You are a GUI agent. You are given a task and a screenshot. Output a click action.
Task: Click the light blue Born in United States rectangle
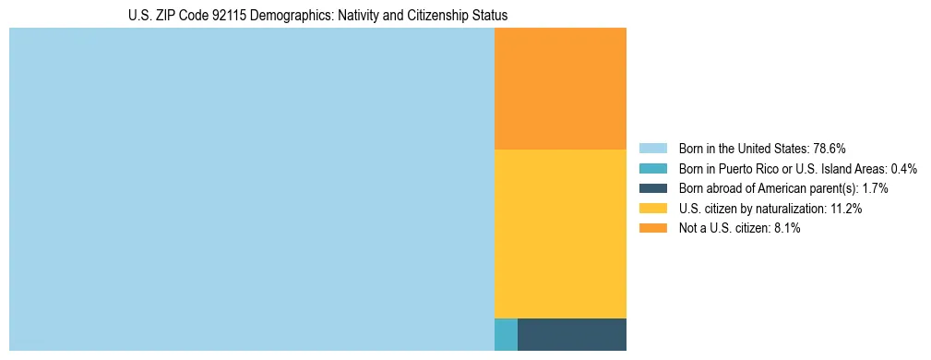click(x=251, y=189)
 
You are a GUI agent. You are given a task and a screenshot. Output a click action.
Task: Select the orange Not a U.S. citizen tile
click(x=560, y=89)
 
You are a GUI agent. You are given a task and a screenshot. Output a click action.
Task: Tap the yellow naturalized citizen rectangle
click(x=560, y=234)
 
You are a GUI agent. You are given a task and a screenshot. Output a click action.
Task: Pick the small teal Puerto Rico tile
click(x=506, y=334)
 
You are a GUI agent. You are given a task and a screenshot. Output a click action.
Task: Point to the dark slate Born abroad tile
click(x=572, y=334)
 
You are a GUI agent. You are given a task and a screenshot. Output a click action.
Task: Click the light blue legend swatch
click(x=652, y=148)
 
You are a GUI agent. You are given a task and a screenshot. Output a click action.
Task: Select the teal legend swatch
click(x=652, y=168)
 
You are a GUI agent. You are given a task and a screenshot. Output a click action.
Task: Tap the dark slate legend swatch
click(x=652, y=188)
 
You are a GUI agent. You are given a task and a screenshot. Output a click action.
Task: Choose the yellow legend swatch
click(x=652, y=209)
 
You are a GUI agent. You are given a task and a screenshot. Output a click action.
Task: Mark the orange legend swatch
click(x=652, y=229)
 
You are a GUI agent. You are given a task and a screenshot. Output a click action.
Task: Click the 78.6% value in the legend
click(x=830, y=148)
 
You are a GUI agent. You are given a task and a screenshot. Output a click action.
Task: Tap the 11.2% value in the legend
click(x=844, y=209)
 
